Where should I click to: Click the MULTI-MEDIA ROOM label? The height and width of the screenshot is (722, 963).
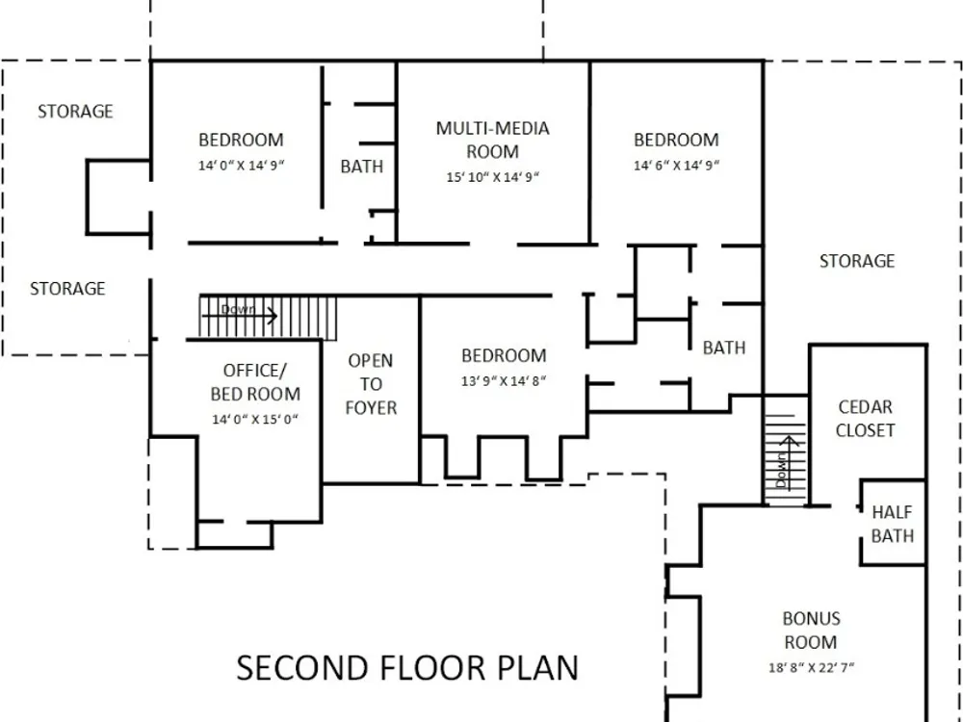492,140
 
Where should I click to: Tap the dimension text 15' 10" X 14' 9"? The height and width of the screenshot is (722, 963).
492,177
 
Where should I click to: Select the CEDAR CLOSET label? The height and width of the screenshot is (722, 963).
865,419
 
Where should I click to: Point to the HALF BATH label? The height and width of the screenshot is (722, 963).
893,524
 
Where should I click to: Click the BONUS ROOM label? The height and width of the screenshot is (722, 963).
811,631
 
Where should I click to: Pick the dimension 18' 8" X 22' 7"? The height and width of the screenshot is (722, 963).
811,667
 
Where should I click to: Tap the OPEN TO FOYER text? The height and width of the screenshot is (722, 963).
371,384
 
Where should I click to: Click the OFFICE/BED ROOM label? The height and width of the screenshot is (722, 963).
255,382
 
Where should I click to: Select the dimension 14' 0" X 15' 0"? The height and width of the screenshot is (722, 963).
255,420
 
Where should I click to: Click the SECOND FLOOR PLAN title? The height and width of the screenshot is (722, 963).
407,668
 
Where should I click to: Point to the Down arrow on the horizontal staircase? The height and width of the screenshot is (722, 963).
240,316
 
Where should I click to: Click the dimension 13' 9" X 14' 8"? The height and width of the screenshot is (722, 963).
504,381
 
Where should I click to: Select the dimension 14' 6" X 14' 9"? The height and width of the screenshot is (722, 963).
676,166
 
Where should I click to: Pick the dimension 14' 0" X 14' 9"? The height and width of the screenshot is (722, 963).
242,166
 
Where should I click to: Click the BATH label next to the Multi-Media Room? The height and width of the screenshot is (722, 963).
362,167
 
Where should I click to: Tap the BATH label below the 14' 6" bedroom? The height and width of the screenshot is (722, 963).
724,348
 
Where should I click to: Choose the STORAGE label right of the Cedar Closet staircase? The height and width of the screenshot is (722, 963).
857,261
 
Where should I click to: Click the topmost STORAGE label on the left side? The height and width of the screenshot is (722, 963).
75,111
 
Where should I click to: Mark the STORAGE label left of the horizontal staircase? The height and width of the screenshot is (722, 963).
67,289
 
